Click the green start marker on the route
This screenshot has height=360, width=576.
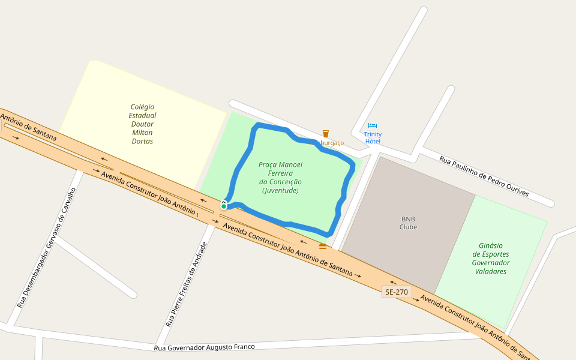coord(224,206)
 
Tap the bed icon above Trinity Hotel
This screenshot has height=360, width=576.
coord(373,126)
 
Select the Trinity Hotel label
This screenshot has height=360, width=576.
coord(373,138)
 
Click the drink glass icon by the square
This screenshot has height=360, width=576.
coord(326,133)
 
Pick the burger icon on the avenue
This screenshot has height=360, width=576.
coord(323,246)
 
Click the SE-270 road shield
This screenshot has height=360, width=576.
coord(397,292)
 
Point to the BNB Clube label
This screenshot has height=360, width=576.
coord(408,223)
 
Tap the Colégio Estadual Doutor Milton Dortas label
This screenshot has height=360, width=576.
coord(143,124)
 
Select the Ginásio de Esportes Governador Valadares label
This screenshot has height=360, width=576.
coord(491,258)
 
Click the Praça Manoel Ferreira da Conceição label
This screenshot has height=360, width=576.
coord(280,178)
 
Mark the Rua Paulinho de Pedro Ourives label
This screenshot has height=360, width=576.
coord(484,176)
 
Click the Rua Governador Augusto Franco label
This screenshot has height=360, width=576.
coord(205,347)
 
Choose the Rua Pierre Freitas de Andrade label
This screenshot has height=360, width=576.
coord(187,284)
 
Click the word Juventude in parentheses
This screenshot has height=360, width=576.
coord(280,191)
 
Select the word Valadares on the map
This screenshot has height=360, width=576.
coord(491,271)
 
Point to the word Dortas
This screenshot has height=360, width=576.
coord(143,142)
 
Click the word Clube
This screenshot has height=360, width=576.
coord(408,227)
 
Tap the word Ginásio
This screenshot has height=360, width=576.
coord(491,245)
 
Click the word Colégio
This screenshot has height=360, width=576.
coord(143,107)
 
